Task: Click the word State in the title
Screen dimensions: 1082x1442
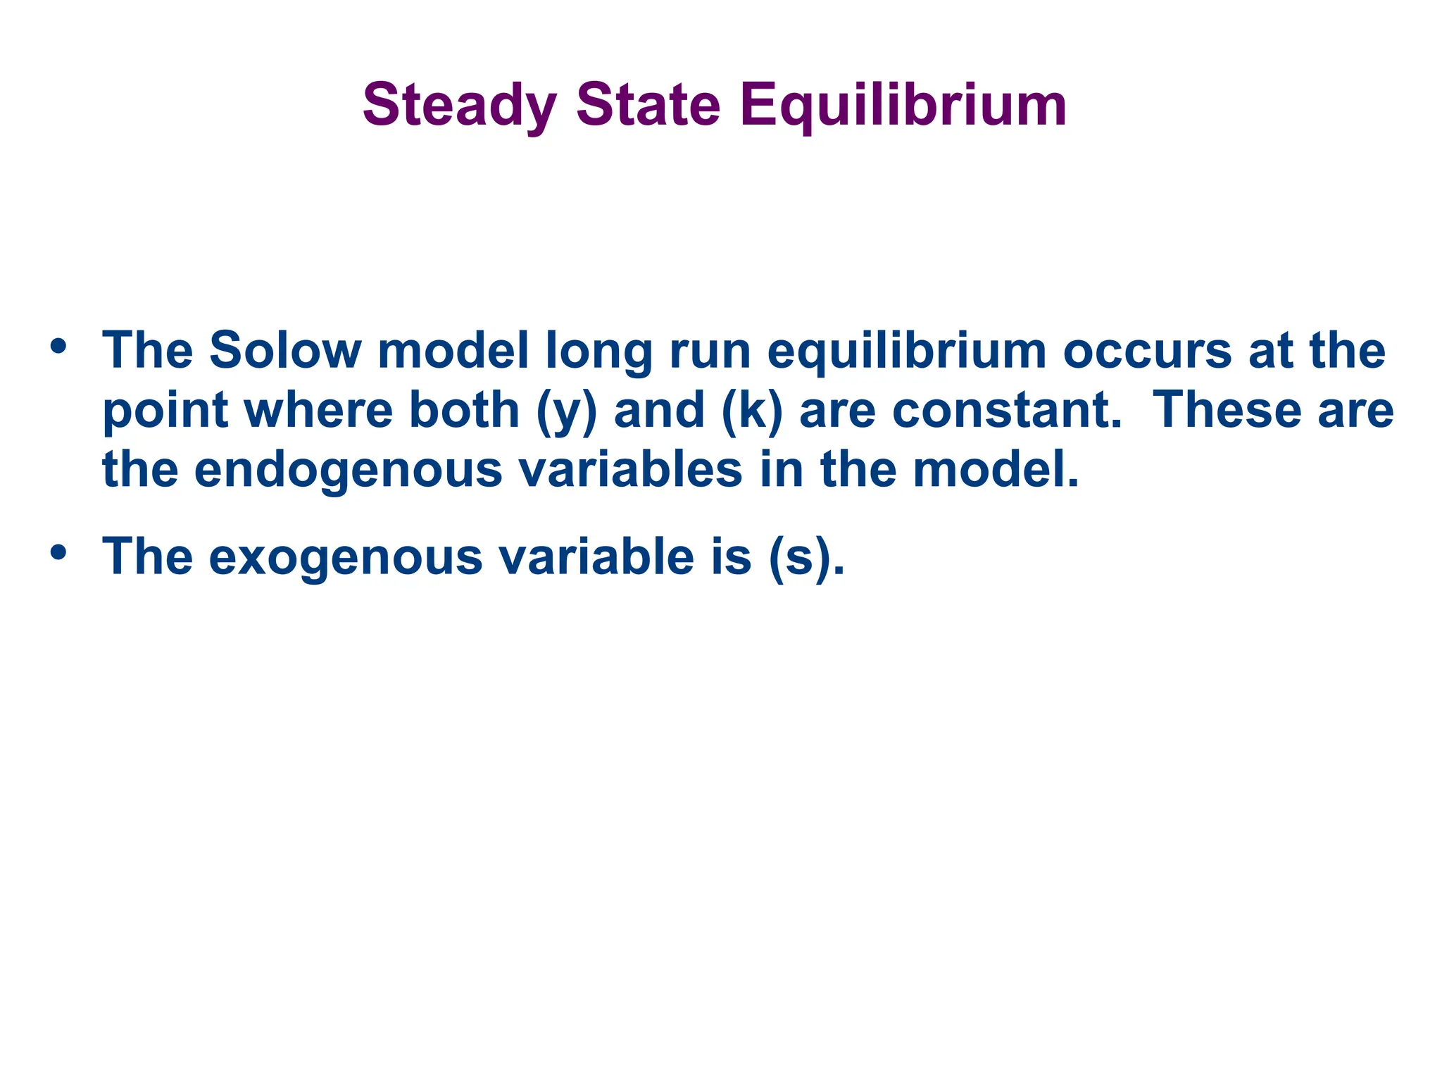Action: pyautogui.click(x=648, y=106)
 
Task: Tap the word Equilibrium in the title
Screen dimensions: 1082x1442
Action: pyautogui.click(x=903, y=106)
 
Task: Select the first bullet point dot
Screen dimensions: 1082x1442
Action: pyautogui.click(x=58, y=347)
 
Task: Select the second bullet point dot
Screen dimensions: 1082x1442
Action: pyautogui.click(x=58, y=552)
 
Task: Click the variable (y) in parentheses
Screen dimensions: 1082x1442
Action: pyautogui.click(x=567, y=410)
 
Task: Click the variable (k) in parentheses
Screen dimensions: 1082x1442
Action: pyautogui.click(x=752, y=410)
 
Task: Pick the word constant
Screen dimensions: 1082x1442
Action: pyautogui.click(x=1006, y=410)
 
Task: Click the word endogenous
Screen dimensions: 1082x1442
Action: pyautogui.click(x=348, y=470)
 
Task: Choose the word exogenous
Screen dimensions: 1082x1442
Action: pyautogui.click(x=345, y=557)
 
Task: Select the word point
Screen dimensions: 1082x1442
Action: pyautogui.click(x=165, y=410)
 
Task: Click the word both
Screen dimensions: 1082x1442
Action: pyautogui.click(x=464, y=410)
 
